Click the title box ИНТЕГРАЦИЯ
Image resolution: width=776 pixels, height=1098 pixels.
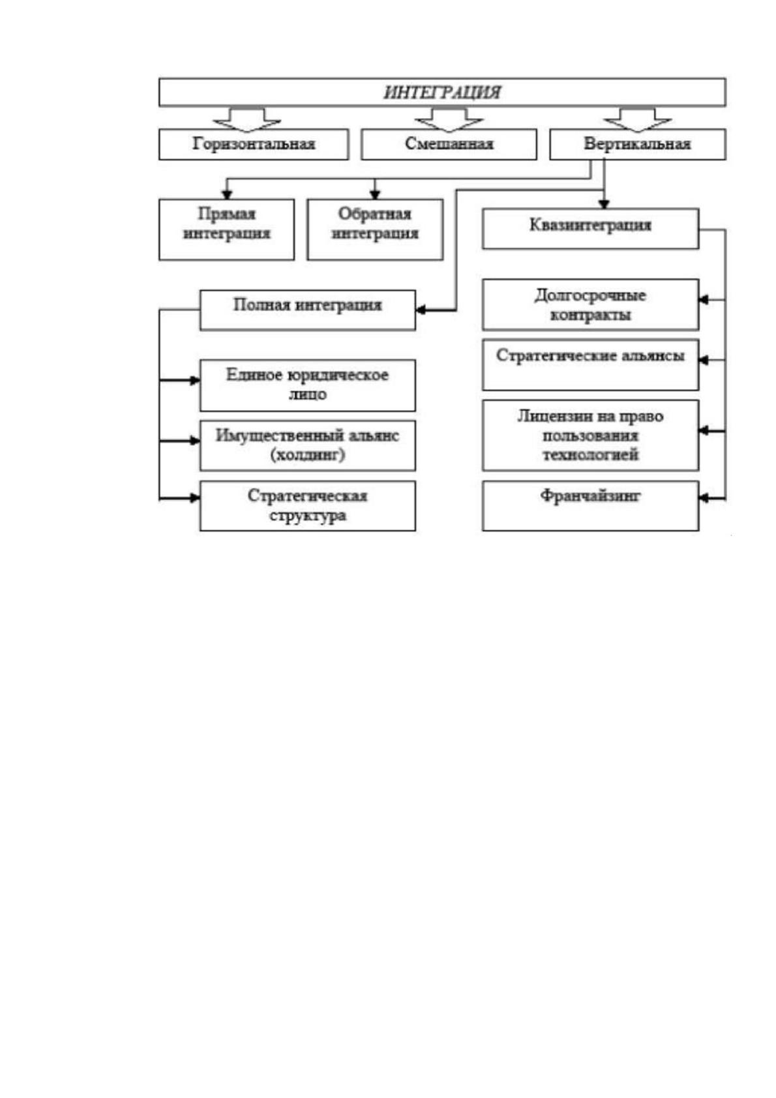click(441, 92)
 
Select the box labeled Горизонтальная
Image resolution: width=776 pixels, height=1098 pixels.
click(254, 144)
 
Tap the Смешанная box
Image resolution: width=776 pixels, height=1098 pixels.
click(449, 144)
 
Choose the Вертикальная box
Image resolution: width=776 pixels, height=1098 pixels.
click(637, 144)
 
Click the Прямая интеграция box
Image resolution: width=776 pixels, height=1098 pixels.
click(226, 230)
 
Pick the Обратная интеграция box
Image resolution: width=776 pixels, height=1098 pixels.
click(375, 230)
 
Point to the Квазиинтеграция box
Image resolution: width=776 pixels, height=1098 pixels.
click(590, 229)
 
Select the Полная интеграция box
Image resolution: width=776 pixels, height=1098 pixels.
click(307, 310)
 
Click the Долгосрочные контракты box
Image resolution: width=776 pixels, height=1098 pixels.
click(590, 305)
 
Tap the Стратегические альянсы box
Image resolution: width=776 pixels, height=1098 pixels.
click(590, 365)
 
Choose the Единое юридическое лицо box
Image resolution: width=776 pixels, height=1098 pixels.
click(307, 385)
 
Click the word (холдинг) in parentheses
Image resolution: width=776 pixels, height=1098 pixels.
click(308, 455)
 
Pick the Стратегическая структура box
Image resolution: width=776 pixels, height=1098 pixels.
click(307, 506)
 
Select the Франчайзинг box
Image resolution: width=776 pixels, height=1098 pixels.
click(590, 506)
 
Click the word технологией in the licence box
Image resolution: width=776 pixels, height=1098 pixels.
click(590, 455)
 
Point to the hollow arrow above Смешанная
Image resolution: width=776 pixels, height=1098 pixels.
click(449, 119)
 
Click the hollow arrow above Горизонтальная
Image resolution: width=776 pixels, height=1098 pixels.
click(246, 119)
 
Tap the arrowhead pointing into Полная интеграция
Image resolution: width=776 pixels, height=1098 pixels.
click(421, 310)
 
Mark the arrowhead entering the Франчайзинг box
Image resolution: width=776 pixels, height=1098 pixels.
click(704, 499)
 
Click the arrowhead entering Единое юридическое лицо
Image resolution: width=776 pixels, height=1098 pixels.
click(195, 380)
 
